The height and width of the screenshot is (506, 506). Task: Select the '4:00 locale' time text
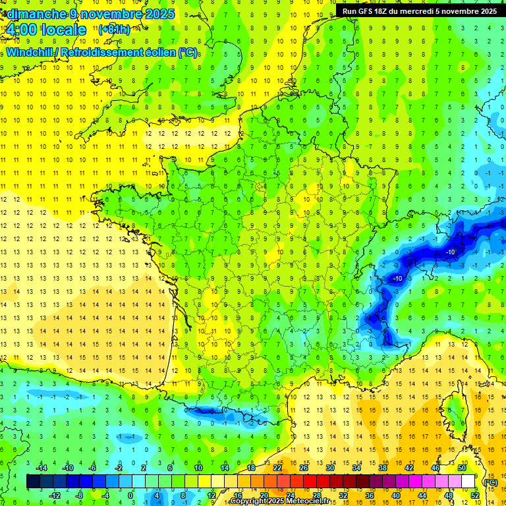[x=46, y=30]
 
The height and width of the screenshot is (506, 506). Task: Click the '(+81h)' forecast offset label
[x=114, y=30]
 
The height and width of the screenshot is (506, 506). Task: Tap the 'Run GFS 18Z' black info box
[x=420, y=11]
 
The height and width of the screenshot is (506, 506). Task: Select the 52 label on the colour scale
[x=475, y=495]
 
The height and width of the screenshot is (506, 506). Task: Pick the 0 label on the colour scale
[x=130, y=495]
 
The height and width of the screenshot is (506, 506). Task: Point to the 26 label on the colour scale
[x=304, y=468]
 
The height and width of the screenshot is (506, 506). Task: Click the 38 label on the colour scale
[x=383, y=468]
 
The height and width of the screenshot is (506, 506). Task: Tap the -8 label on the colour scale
[x=79, y=495]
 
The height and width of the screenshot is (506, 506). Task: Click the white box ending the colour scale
[x=468, y=482]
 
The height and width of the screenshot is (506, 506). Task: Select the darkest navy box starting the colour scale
[x=33, y=482]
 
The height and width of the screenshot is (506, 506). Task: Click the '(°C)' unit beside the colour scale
[x=490, y=482]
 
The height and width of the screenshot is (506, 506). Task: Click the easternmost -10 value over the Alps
[x=451, y=252]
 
